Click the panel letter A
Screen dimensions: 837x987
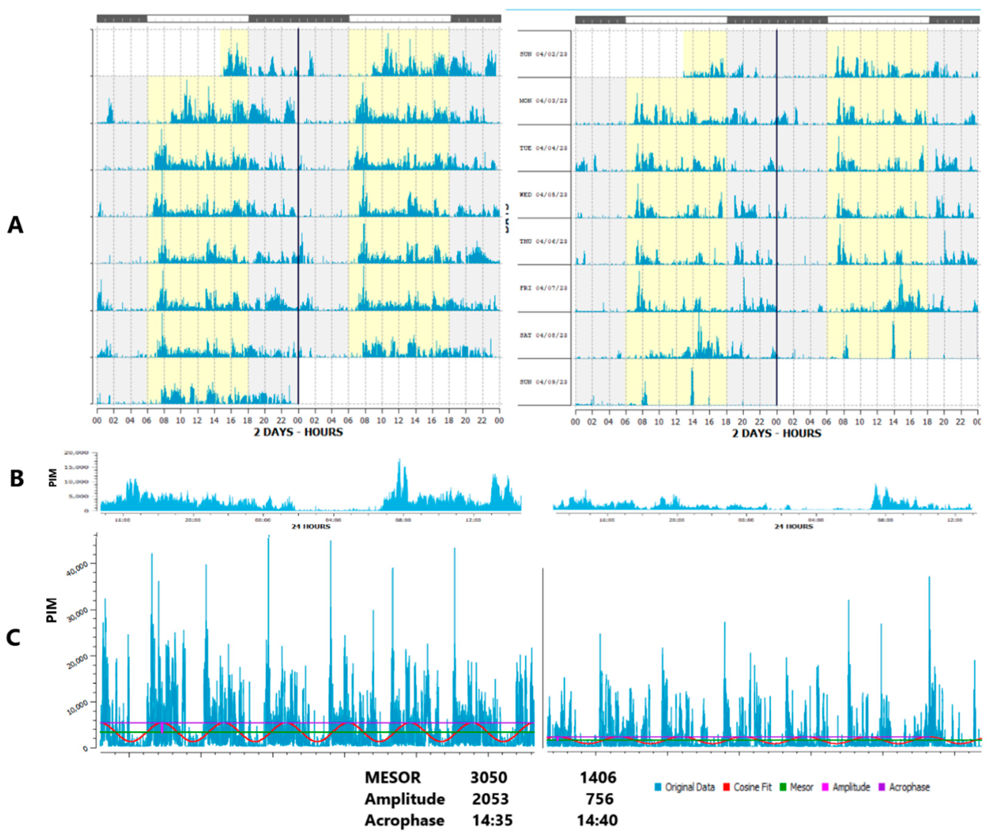[15, 225]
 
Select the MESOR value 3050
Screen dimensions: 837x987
[488, 778]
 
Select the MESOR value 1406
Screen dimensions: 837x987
[598, 778]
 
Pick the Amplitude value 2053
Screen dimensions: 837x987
[490, 799]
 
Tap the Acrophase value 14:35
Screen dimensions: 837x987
[492, 820]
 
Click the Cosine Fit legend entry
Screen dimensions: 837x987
[752, 787]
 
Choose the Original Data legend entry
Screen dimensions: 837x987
[689, 787]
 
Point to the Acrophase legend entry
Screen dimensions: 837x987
[909, 787]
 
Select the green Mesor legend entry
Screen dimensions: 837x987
[801, 787]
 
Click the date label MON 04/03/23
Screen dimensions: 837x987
[543, 101]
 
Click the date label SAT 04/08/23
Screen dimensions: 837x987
[543, 335]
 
